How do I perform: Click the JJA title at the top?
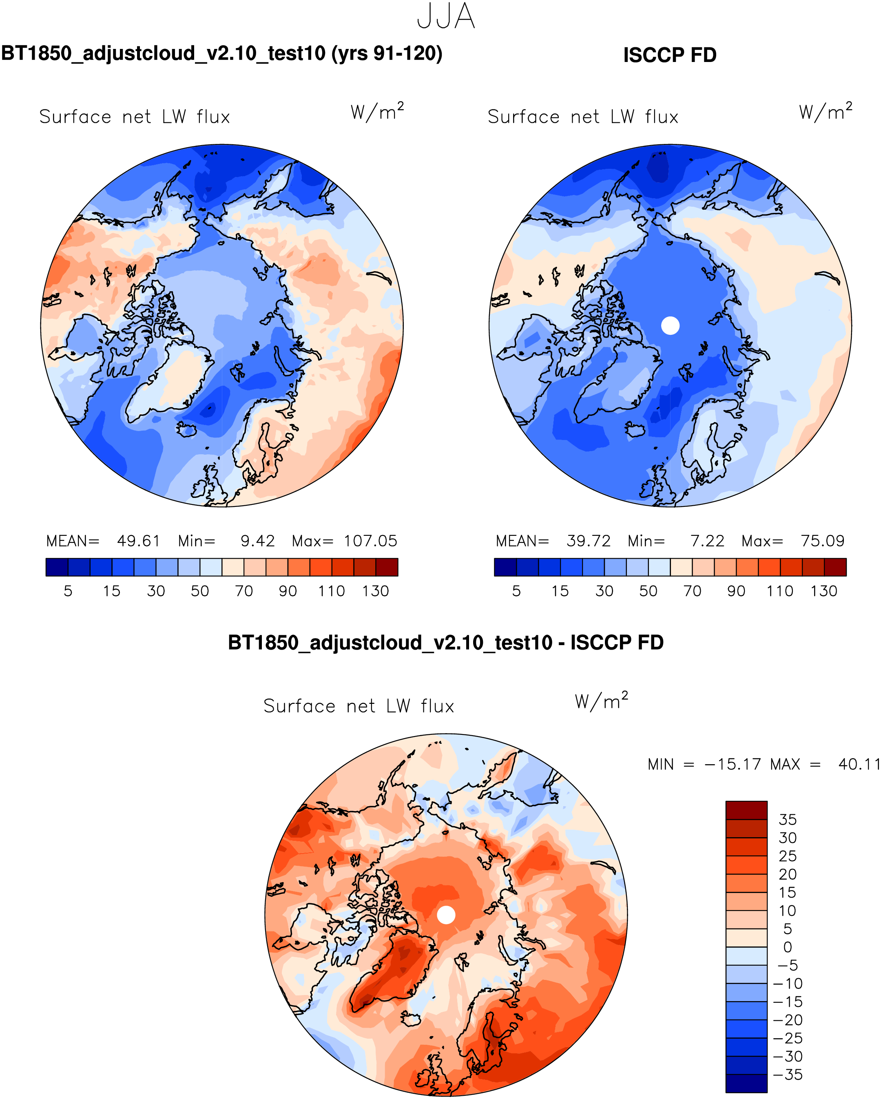coord(445,16)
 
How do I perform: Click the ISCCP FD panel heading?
coord(669,55)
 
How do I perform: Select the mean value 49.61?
coord(138,541)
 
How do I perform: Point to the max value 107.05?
coord(370,541)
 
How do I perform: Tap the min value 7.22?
coord(707,541)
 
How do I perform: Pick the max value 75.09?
coord(822,541)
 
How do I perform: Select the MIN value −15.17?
coord(732,764)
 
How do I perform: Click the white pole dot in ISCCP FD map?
coord(670,325)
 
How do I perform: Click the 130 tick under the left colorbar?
coord(375,591)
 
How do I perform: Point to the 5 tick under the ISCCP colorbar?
coord(516,591)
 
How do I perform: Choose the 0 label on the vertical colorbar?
coord(787,947)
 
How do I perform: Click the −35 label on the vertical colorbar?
coord(788,1075)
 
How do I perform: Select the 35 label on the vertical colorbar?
coord(787,820)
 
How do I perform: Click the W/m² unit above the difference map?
coord(601,701)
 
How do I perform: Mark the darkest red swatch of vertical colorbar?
coord(746,810)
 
